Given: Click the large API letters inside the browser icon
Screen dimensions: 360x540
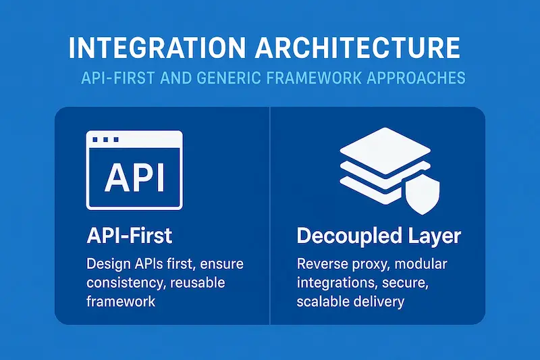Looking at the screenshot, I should point(134,176).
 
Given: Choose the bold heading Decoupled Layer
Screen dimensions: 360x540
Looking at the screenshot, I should point(379,236).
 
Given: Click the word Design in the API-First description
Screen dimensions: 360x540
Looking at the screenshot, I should point(108,263).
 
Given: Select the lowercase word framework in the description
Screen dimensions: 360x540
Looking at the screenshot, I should point(121,301).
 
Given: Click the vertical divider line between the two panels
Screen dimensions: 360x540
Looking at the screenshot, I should point(270,216).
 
